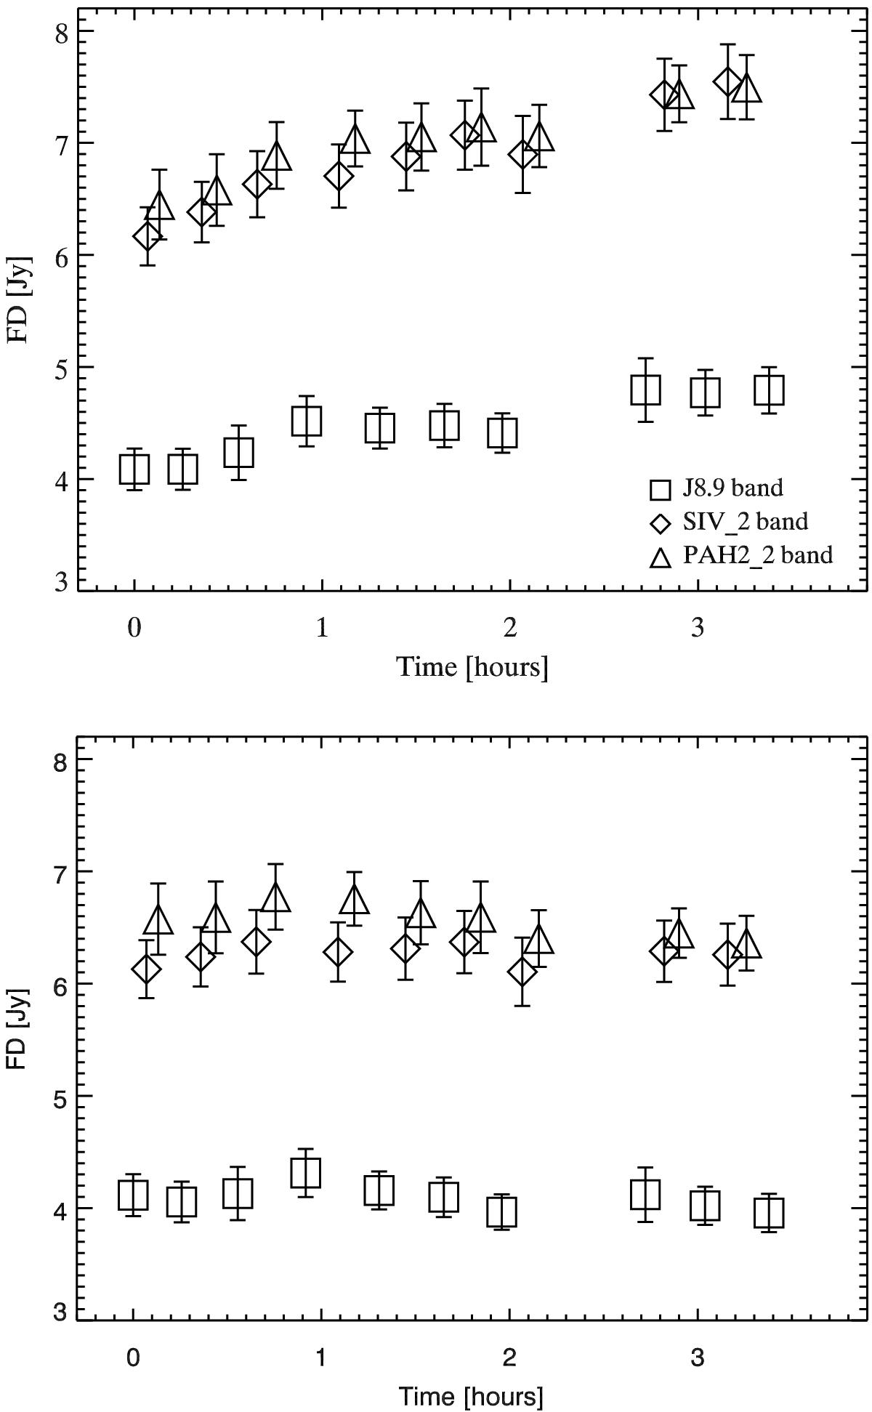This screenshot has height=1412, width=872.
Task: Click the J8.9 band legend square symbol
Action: point(660,489)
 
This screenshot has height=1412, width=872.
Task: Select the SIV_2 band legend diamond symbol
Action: point(660,523)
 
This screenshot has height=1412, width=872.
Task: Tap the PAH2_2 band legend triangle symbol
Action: point(660,557)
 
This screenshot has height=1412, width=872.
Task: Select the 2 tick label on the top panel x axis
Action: point(509,628)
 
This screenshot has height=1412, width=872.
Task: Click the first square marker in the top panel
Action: point(134,469)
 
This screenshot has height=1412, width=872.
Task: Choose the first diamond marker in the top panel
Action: point(147,236)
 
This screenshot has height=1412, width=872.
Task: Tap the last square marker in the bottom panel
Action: point(769,1213)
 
